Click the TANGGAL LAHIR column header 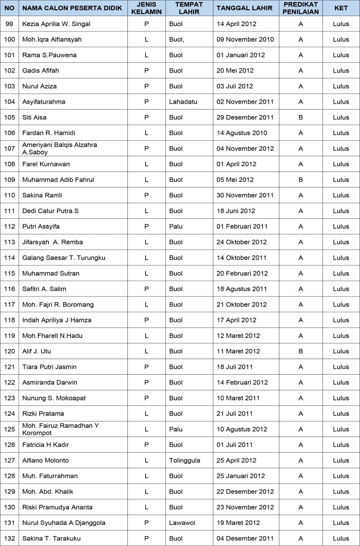click(x=244, y=8)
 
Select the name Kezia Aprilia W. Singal click(x=56, y=24)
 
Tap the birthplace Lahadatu click(x=183, y=102)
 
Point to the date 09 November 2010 click(x=245, y=40)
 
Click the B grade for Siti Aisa click(x=301, y=117)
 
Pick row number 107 click(x=10, y=148)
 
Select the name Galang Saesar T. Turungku click(x=64, y=258)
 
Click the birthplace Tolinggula click(x=184, y=460)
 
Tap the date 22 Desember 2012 click(x=245, y=491)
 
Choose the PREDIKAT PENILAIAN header click(x=301, y=8)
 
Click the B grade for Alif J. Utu click(x=301, y=351)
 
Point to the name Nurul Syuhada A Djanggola click(x=64, y=523)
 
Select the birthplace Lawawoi click(x=182, y=523)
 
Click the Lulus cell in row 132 click(x=341, y=538)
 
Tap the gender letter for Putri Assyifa click(x=147, y=227)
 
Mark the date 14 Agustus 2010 click(x=242, y=133)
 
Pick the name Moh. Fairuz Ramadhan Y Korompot click(x=60, y=429)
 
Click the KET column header click(x=341, y=8)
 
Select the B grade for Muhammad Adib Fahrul click(x=301, y=180)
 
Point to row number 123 click(x=10, y=398)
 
